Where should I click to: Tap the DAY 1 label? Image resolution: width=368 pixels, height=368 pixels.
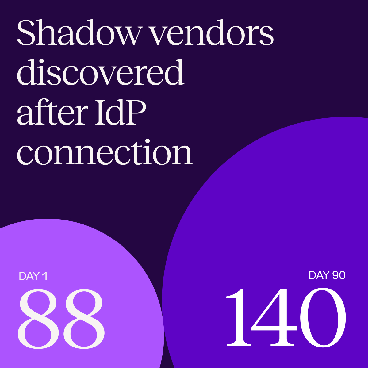33,276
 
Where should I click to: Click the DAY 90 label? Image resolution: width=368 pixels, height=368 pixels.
327,275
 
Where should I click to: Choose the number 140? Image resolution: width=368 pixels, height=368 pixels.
286,317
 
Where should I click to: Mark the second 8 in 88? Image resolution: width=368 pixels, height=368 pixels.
83,319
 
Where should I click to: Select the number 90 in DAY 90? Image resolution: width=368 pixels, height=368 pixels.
339,275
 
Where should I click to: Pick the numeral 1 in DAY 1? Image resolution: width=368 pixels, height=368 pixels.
45,276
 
